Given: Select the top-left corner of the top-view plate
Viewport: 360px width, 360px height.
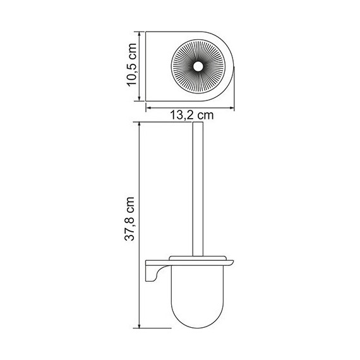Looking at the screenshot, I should pos(147,32).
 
